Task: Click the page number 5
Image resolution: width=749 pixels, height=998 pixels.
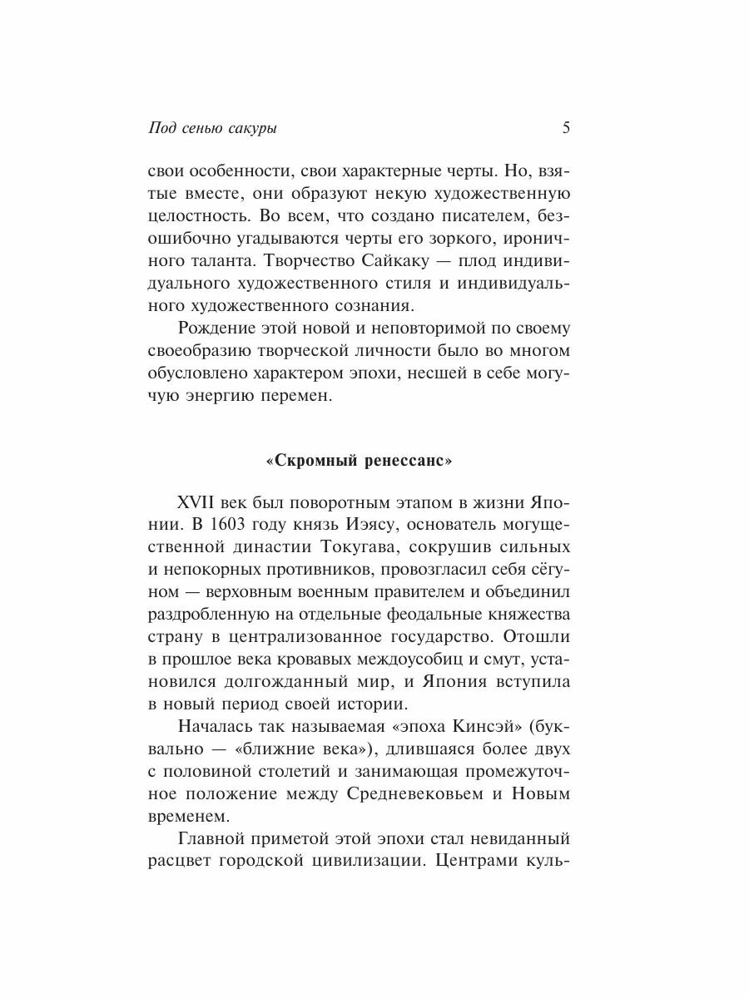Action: pyautogui.click(x=566, y=128)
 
